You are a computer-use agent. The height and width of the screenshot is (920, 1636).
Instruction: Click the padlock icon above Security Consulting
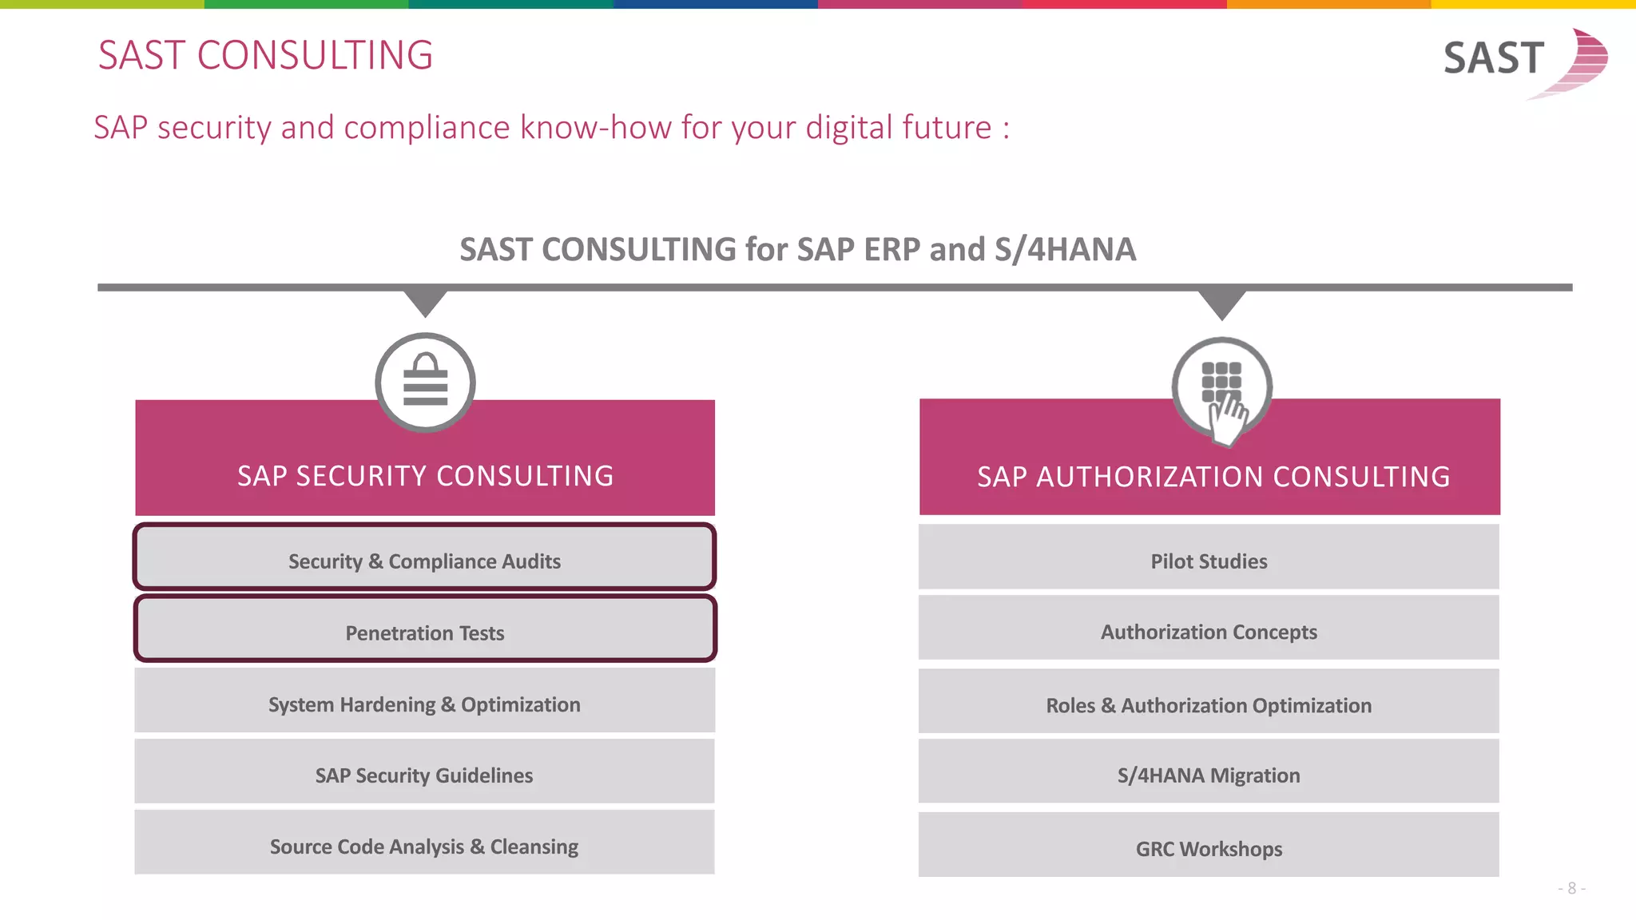[425, 382]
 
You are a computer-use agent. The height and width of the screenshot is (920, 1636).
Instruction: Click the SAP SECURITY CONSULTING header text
[425, 476]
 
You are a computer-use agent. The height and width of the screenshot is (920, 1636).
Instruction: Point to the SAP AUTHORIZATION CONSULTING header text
[1213, 477]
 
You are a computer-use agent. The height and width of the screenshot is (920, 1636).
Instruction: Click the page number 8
[1571, 888]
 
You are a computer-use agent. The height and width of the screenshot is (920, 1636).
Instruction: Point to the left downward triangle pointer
[425, 303]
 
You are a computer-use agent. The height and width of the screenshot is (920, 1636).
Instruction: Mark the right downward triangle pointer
[1221, 304]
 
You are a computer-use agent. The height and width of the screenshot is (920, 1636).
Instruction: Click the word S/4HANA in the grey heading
[1065, 250]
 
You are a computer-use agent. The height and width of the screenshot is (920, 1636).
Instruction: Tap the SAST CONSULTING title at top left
[265, 55]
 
